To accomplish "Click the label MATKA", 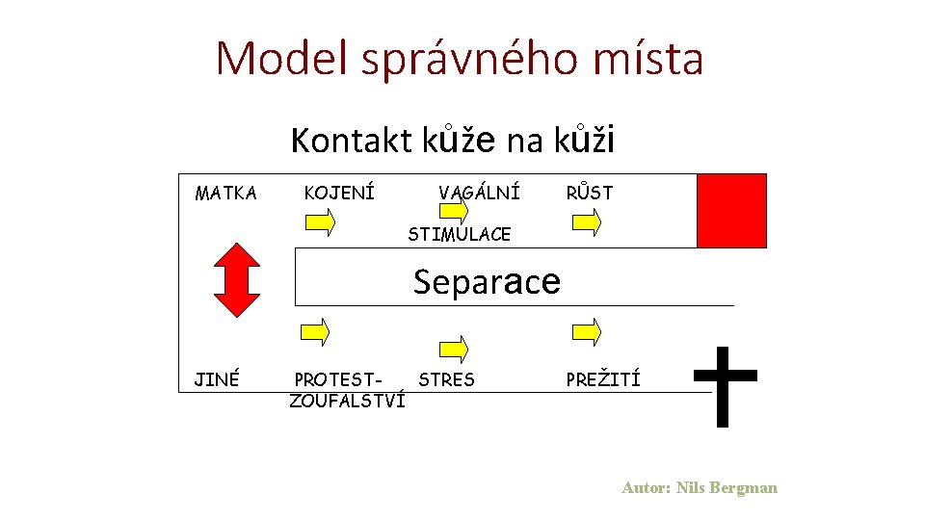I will pos(225,194).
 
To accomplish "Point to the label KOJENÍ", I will pos(339,194).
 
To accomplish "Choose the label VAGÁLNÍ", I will pos(479,194).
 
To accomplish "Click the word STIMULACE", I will pos(459,234).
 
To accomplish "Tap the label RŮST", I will pos(589,194).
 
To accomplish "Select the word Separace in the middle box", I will pos(487,281).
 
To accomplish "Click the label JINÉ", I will pos(217,379).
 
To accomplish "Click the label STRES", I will pos(446,379).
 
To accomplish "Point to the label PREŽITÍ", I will pos(603,379).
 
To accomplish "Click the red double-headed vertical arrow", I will pos(237,279).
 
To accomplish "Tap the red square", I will pos(731,211).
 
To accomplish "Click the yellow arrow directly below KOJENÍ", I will pos(320,223).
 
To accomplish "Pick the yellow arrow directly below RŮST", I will pos(587,223).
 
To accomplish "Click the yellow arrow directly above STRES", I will pos(454,349).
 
